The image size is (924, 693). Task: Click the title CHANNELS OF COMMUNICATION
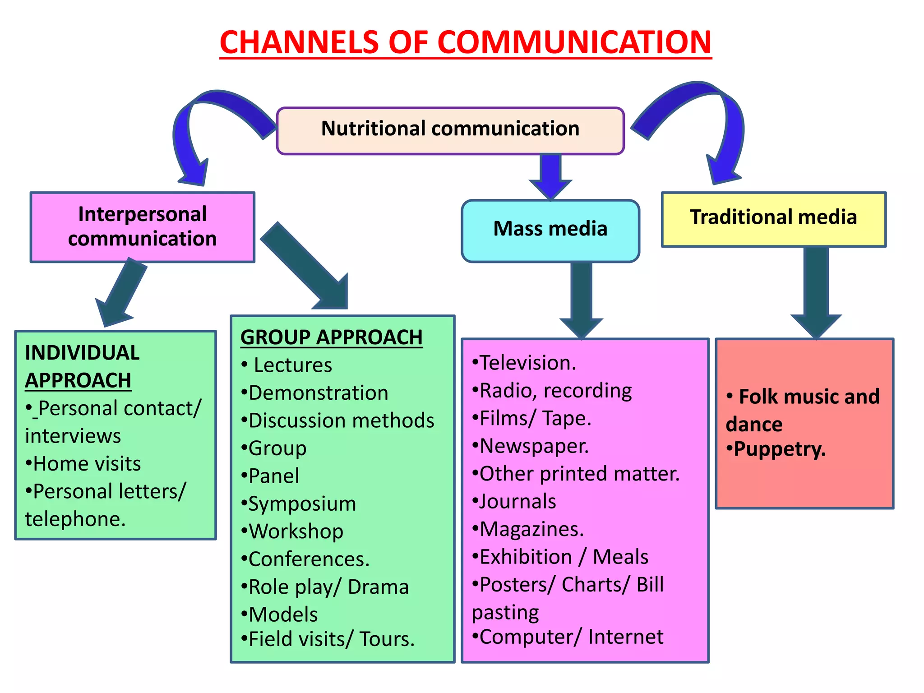tap(465, 42)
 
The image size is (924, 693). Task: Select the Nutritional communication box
tap(450, 130)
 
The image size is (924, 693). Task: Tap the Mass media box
tap(550, 230)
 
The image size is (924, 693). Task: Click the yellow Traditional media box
tap(773, 219)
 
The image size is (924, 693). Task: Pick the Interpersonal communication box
tap(142, 227)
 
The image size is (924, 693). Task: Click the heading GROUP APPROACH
tap(331, 337)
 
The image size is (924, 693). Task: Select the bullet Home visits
tap(86, 464)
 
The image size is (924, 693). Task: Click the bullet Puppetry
tap(779, 449)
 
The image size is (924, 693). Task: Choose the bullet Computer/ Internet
tap(570, 637)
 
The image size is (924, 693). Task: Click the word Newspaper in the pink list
tap(533, 446)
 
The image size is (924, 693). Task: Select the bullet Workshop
tap(296, 532)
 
